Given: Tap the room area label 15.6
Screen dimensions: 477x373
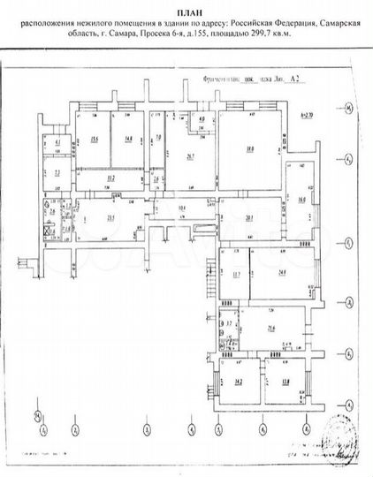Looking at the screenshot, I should [93, 137].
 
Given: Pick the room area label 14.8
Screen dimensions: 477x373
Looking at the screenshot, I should [128, 137].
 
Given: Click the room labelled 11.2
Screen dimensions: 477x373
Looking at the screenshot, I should [110, 178].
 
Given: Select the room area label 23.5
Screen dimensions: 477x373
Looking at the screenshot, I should [111, 218].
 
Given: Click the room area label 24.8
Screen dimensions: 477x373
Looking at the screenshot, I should [282, 272].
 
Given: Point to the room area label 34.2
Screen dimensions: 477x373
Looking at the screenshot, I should [239, 381].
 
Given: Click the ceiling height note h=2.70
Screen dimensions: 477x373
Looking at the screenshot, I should [308, 116].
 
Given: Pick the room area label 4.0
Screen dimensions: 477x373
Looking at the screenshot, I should [202, 120].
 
